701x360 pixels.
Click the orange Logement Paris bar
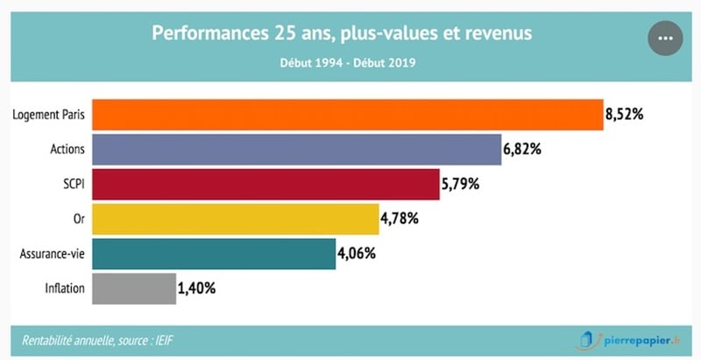[x=347, y=114]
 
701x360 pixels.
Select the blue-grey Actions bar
[x=295, y=149]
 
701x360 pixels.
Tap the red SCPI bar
[x=265, y=184]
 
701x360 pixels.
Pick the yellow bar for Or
[x=235, y=218]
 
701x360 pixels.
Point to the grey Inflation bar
[x=133, y=288]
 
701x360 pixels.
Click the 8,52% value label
[x=625, y=114]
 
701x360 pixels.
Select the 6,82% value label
[x=522, y=149]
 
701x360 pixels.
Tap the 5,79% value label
[x=460, y=184]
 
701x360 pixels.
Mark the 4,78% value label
[x=400, y=218]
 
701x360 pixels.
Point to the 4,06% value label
[x=357, y=253]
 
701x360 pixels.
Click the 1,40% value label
[x=197, y=288]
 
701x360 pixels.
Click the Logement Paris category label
[x=49, y=115]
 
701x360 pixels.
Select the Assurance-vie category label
[x=52, y=253]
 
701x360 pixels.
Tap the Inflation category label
[x=65, y=288]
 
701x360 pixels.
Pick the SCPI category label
[x=73, y=184]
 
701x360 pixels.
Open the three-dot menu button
[x=664, y=38]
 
